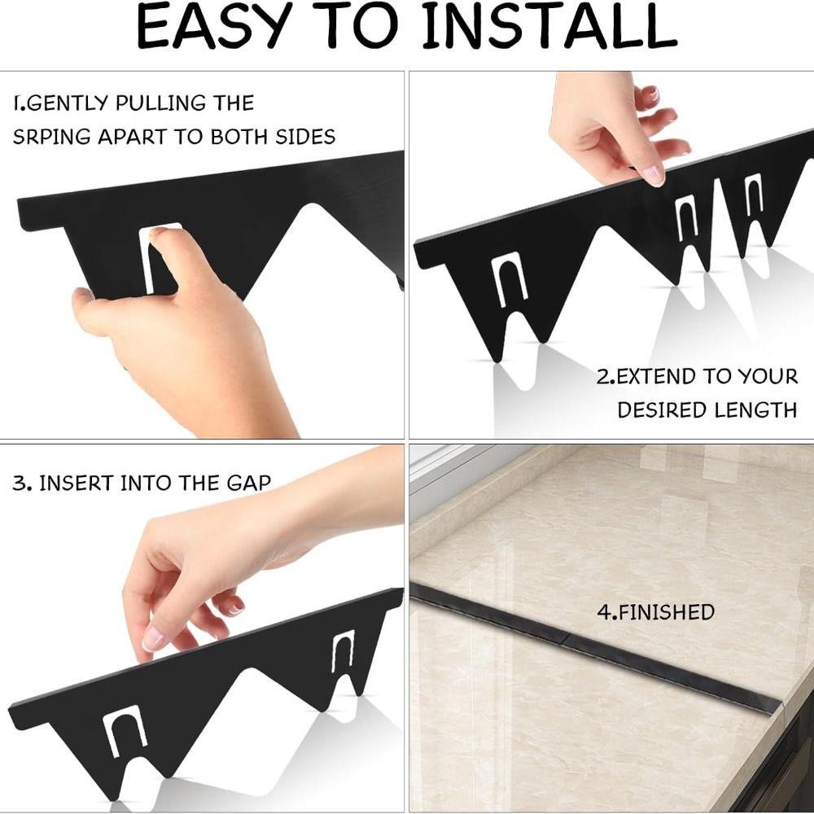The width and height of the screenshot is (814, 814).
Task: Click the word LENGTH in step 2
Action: pos(755,410)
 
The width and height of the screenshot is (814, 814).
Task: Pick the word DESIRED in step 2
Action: pos(663,410)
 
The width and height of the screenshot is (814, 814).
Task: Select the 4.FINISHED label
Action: pos(655,612)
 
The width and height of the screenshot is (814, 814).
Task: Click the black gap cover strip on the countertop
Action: pos(596,647)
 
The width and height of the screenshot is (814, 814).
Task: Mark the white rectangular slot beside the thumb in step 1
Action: pos(151,258)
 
